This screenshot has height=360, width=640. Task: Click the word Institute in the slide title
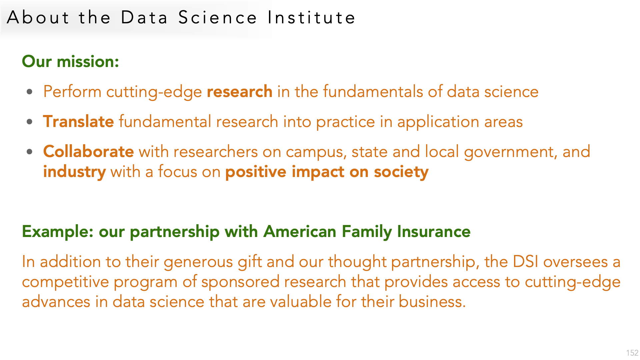coord(312,17)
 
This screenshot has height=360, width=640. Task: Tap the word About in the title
coord(38,17)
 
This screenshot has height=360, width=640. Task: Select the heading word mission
coord(88,61)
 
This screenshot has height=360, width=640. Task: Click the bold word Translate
coord(79,121)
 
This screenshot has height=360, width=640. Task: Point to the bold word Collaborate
coord(89,151)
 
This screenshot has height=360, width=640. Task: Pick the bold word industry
coord(75,172)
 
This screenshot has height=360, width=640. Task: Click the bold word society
coord(401,172)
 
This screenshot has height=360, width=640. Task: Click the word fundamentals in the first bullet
coord(373,91)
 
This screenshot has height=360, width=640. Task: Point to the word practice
coord(346,122)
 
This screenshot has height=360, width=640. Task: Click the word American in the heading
coord(300,231)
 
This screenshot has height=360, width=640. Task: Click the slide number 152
coord(632,353)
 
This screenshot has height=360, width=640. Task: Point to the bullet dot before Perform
coord(30,92)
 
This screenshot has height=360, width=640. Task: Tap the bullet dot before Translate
coord(30,122)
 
